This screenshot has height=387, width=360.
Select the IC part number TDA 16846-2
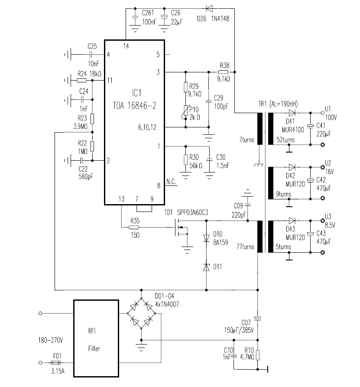(x=134, y=106)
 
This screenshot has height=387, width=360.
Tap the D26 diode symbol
(x=209, y=9)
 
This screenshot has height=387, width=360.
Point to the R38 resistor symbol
(x=223, y=72)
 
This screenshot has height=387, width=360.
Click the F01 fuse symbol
(x=55, y=363)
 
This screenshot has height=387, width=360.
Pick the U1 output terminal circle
(x=322, y=113)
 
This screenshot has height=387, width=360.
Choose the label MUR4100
(x=293, y=130)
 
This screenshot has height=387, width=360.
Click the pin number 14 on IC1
(x=126, y=46)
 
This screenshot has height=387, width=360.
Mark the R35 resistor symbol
(x=134, y=228)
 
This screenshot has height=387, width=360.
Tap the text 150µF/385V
(x=239, y=330)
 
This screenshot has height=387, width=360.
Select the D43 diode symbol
(x=292, y=221)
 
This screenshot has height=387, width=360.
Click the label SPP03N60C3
(x=192, y=212)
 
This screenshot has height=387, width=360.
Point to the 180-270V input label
(x=50, y=340)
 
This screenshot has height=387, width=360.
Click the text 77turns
(x=245, y=247)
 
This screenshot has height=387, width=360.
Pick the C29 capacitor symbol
(x=209, y=101)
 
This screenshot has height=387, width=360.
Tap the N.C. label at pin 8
(x=171, y=182)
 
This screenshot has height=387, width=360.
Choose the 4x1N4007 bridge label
(x=167, y=304)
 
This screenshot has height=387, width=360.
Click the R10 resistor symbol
(x=258, y=355)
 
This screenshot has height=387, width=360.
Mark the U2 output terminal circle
(x=322, y=167)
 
